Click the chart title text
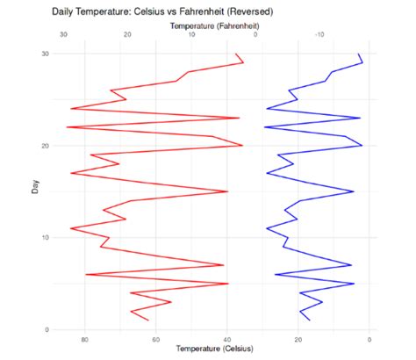click(x=162, y=11)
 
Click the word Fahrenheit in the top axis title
click(x=238, y=26)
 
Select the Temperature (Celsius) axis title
click(x=214, y=349)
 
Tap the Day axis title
click(x=35, y=187)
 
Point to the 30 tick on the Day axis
click(x=46, y=54)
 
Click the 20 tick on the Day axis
click(x=46, y=146)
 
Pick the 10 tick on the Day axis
click(x=46, y=237)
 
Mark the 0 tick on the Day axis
click(x=47, y=329)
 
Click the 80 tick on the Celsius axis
click(x=85, y=340)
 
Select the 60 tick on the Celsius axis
click(x=156, y=340)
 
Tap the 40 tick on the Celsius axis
click(x=227, y=340)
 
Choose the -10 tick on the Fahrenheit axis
click(x=319, y=34)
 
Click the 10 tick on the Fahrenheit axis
click(x=191, y=34)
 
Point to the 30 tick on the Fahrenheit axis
click(x=63, y=34)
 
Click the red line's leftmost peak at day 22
click(x=67, y=127)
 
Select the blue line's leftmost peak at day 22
click(x=265, y=127)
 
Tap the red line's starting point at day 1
click(x=148, y=320)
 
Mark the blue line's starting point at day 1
click(x=310, y=320)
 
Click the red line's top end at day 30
click(x=236, y=54)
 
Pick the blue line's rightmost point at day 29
click(x=362, y=62)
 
